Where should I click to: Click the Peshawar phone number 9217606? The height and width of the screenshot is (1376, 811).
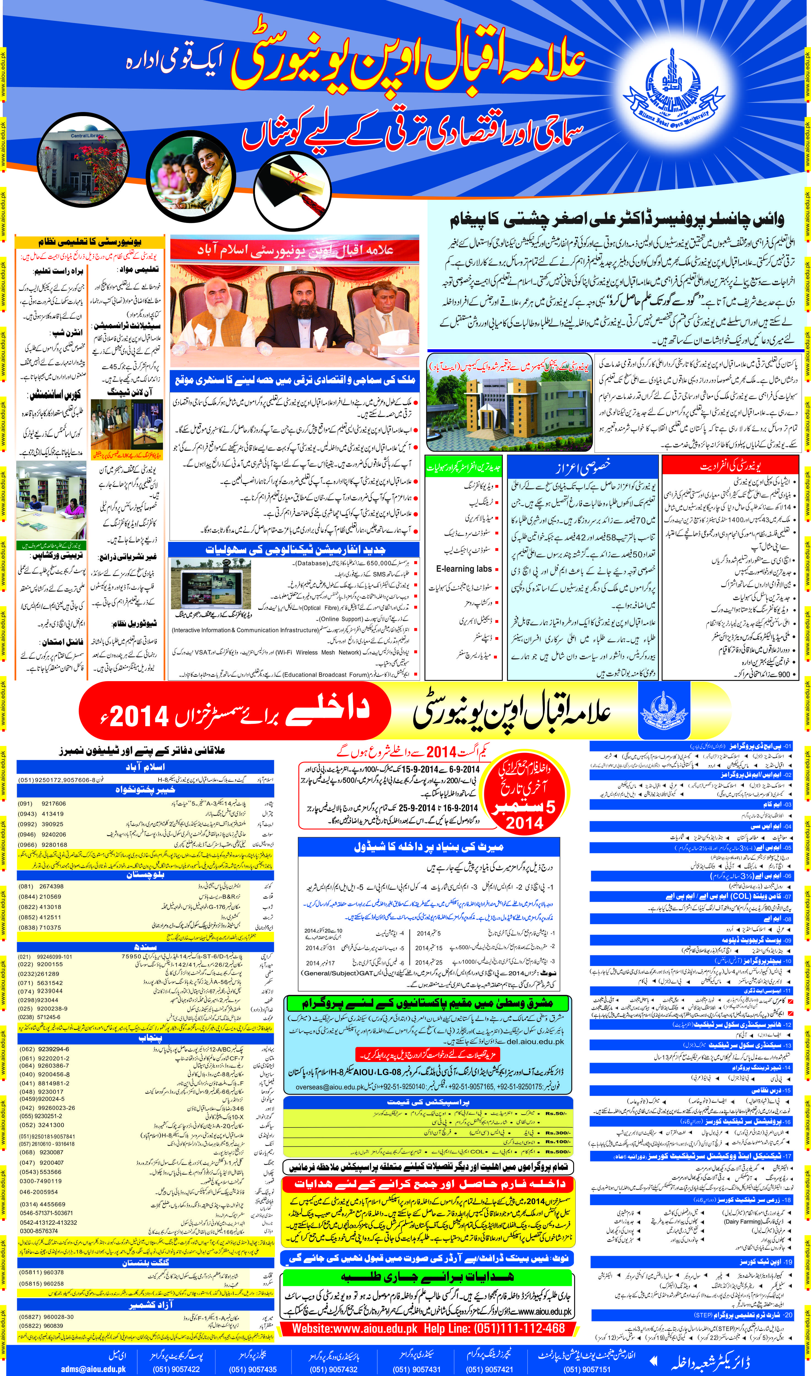(54, 804)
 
